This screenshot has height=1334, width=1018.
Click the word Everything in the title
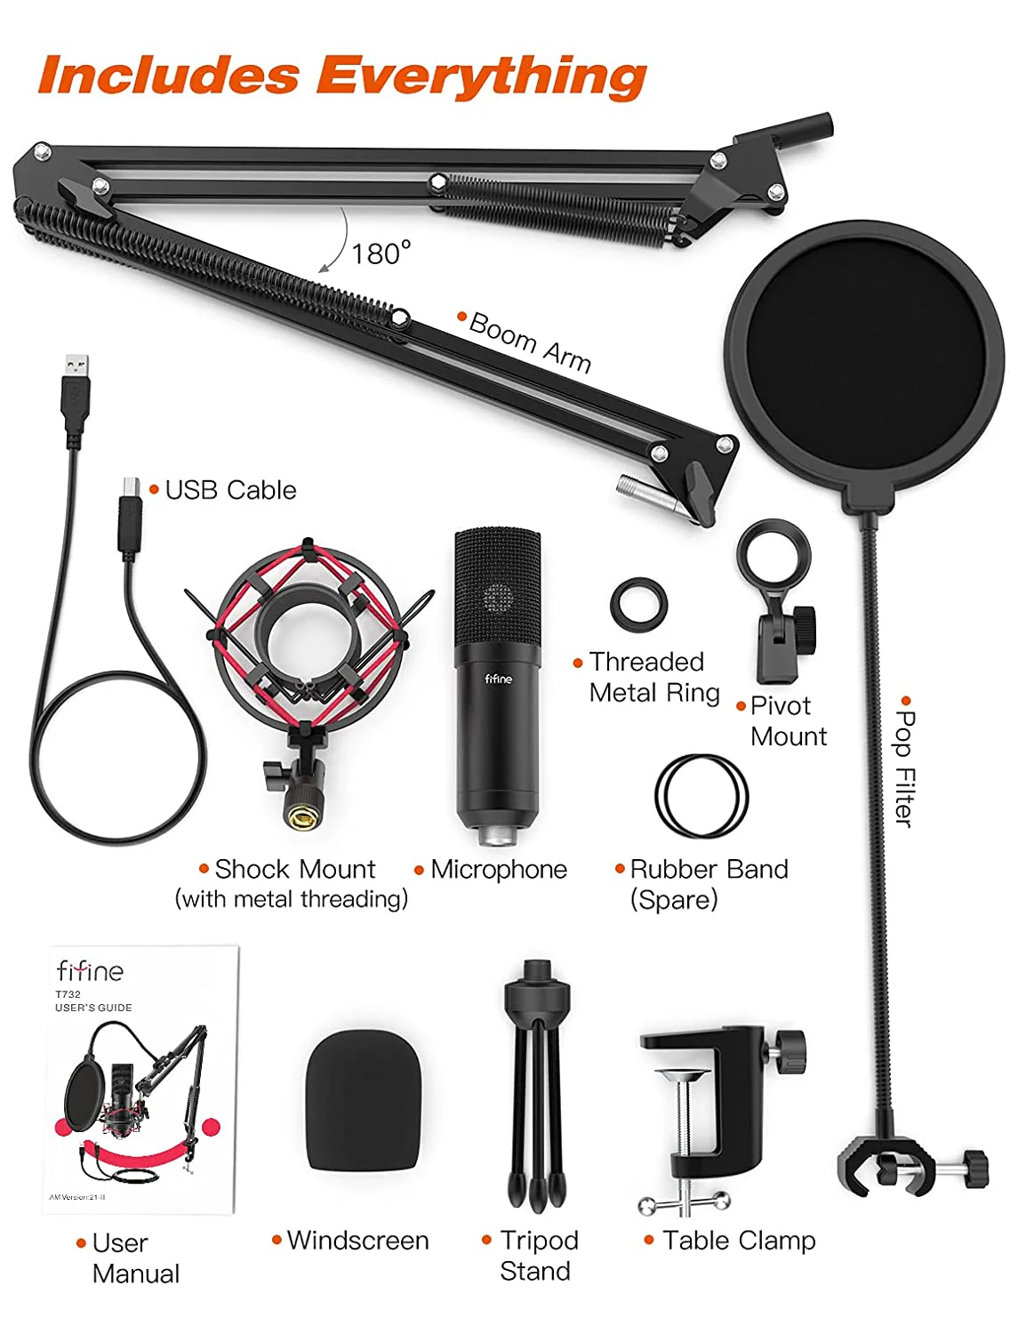(x=481, y=76)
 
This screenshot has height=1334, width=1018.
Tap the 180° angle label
(x=381, y=253)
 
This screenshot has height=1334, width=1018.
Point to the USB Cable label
(x=230, y=490)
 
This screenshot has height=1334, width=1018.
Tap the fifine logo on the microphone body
(x=498, y=678)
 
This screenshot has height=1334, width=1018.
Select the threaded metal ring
(x=638, y=606)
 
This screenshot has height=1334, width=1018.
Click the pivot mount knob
(x=805, y=631)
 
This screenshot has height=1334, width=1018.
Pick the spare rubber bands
(x=701, y=796)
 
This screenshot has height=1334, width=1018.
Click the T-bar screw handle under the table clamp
(x=685, y=1201)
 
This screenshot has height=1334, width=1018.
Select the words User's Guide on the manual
(x=93, y=1007)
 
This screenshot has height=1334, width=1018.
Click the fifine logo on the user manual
(x=90, y=970)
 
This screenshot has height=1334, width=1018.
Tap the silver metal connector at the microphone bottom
(x=498, y=835)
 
